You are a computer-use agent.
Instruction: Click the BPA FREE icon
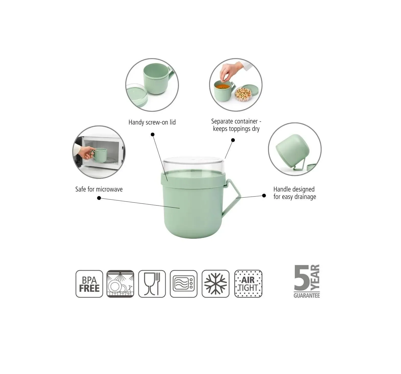point(89,284)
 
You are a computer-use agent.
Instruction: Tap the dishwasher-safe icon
point(120,284)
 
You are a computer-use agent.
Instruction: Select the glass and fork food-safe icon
point(152,284)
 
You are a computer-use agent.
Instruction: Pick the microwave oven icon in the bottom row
point(184,284)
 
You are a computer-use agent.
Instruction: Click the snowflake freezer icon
point(215,284)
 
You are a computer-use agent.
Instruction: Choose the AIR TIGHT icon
point(248,284)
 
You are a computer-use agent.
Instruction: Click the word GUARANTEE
point(307,296)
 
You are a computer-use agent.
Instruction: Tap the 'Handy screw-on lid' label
point(152,122)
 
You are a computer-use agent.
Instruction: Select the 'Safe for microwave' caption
point(99,189)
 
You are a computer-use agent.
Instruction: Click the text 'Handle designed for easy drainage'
point(295,193)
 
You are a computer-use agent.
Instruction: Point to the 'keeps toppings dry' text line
point(236,129)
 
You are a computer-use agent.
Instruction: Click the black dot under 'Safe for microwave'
point(99,198)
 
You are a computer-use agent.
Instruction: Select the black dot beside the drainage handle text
point(264,196)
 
